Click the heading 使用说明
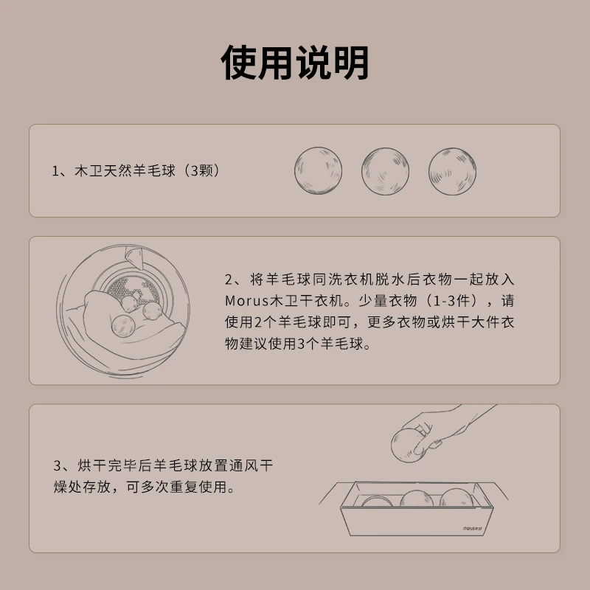pyautogui.click(x=294, y=63)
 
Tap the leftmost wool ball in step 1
pyautogui.click(x=318, y=171)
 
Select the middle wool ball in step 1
pyautogui.click(x=385, y=171)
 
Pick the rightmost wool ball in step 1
pyautogui.click(x=452, y=171)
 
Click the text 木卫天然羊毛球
pyautogui.click(x=125, y=171)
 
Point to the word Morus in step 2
pyautogui.click(x=247, y=301)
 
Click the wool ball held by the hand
pyautogui.click(x=408, y=445)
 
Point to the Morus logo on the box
pyautogui.click(x=475, y=528)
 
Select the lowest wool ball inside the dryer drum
pyautogui.click(x=123, y=326)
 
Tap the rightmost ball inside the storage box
pyautogui.click(x=456, y=497)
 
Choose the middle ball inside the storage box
pyautogui.click(x=417, y=499)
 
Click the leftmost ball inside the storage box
pyautogui.click(x=377, y=502)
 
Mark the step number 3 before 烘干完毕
pyautogui.click(x=58, y=466)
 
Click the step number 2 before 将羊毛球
pyautogui.click(x=229, y=280)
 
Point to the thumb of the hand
pyautogui.click(x=426, y=447)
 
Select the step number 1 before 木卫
pyautogui.click(x=55, y=171)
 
